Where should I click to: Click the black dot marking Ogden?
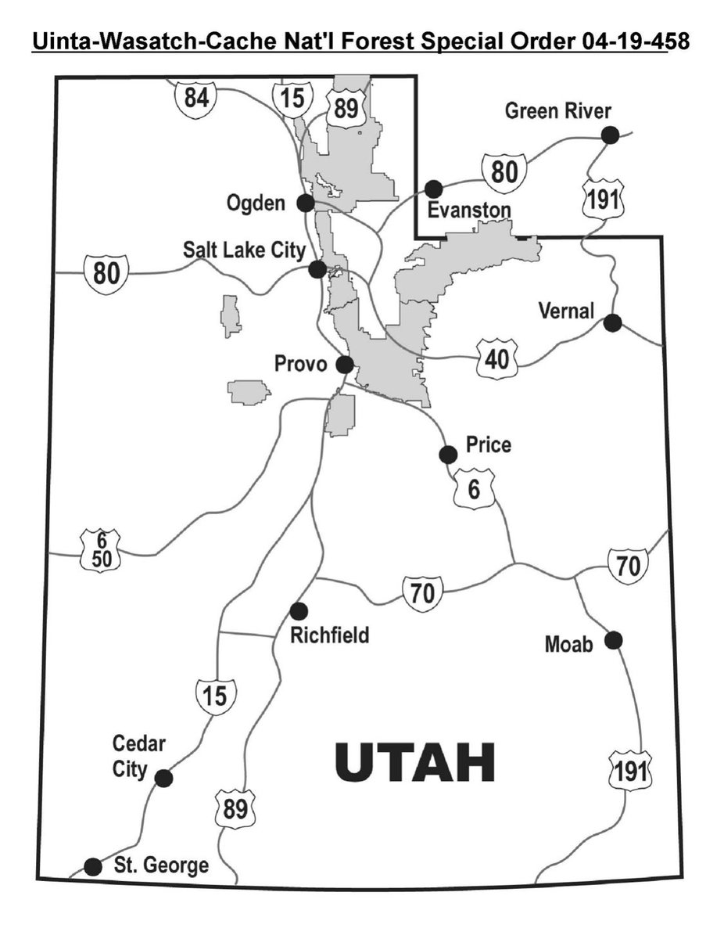306,203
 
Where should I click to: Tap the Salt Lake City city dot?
317,269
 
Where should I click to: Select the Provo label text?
300,365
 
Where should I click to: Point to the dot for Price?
448,454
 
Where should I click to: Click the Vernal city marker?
613,322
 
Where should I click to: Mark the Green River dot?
610,135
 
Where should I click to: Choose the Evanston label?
469,210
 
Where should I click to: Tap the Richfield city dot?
297,610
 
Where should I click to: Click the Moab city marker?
614,641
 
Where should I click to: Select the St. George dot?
93,866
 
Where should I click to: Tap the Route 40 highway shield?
496,359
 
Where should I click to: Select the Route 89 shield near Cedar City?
235,809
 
